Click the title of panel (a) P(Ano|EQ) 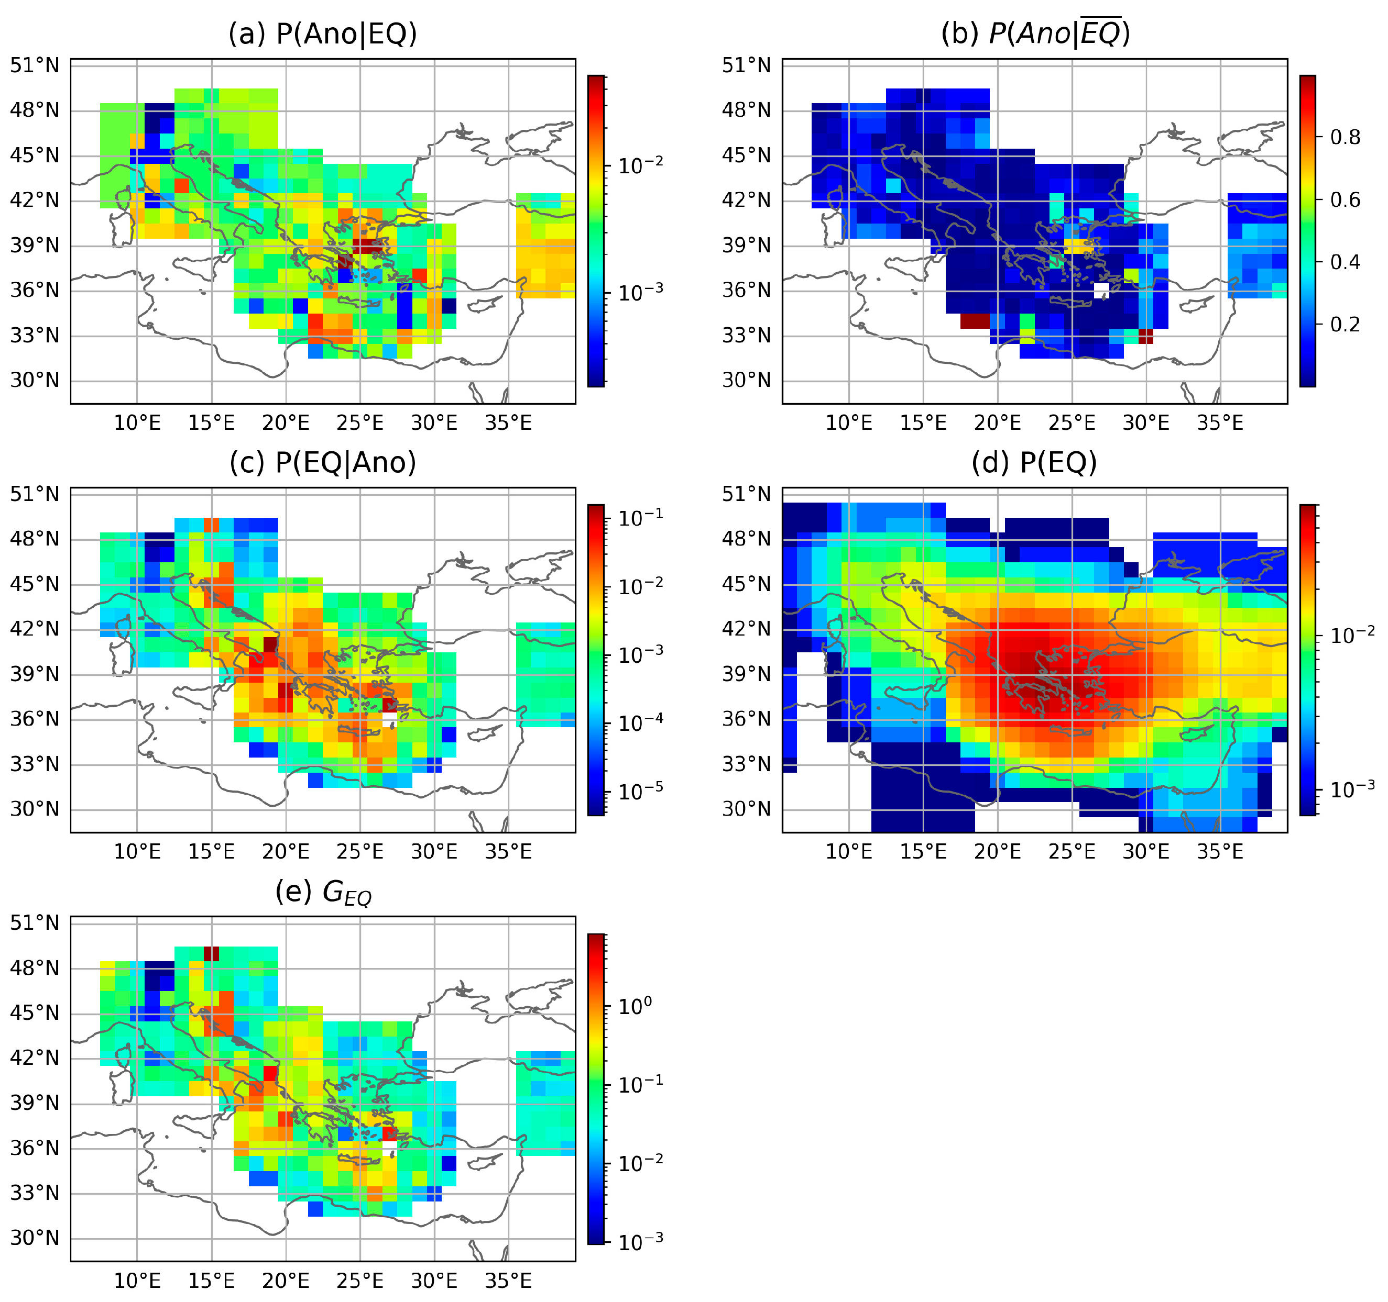point(323,34)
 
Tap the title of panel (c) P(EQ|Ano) point(323,462)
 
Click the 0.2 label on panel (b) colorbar point(1345,325)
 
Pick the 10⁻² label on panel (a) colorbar point(640,165)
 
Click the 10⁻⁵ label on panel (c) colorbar point(640,792)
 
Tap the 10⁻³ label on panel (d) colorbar point(1352,789)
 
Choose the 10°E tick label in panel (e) point(137,1281)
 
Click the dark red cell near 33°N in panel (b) point(975,321)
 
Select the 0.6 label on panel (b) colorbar point(1345,199)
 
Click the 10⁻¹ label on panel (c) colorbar point(640,517)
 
